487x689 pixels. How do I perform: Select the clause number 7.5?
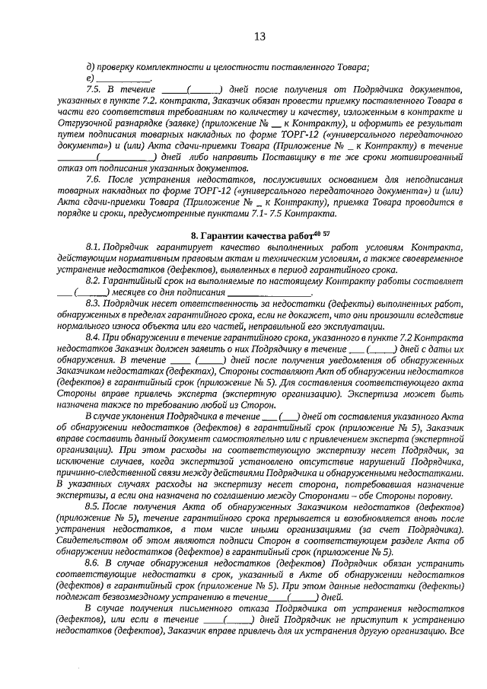pos(95,89)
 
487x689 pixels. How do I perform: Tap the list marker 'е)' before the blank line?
pos(90,78)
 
